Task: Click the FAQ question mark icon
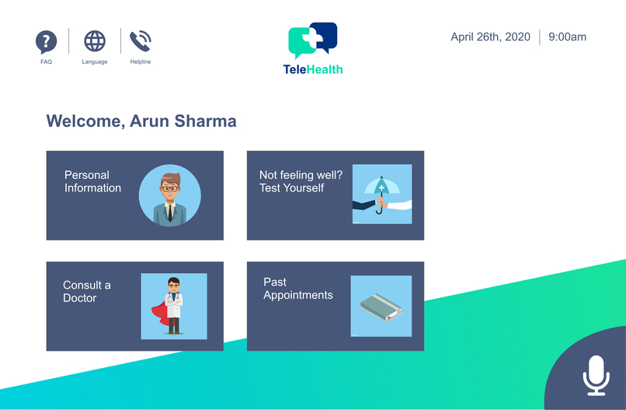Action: click(x=47, y=41)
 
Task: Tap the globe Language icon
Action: click(x=95, y=40)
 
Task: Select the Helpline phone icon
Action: click(x=141, y=40)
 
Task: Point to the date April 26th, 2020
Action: click(x=490, y=37)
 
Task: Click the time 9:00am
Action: click(x=567, y=37)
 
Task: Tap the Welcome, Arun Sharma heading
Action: click(x=141, y=121)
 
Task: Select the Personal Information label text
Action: click(x=92, y=181)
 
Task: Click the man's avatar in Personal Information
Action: click(x=169, y=195)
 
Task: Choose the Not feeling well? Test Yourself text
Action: click(x=301, y=181)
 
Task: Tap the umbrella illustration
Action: click(x=381, y=194)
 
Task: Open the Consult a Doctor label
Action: click(x=86, y=292)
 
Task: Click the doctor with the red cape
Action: click(x=174, y=306)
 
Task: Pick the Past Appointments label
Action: click(x=297, y=289)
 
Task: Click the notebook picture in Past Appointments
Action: click(x=381, y=306)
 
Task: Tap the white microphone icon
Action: click(x=595, y=375)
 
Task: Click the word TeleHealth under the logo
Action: click(x=313, y=69)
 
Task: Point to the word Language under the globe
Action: click(x=95, y=62)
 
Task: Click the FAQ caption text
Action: click(x=47, y=62)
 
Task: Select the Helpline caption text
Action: click(x=141, y=62)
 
